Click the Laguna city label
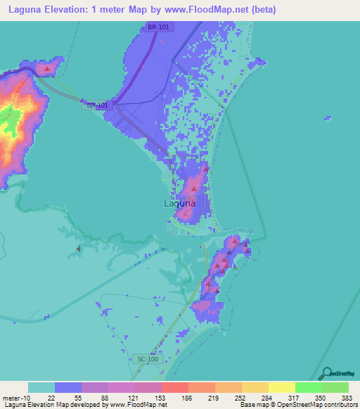pos(179,204)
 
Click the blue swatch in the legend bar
pos(68,387)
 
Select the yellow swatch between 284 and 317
pos(281,387)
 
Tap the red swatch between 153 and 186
pos(174,387)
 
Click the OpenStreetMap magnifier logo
pos(325,373)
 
